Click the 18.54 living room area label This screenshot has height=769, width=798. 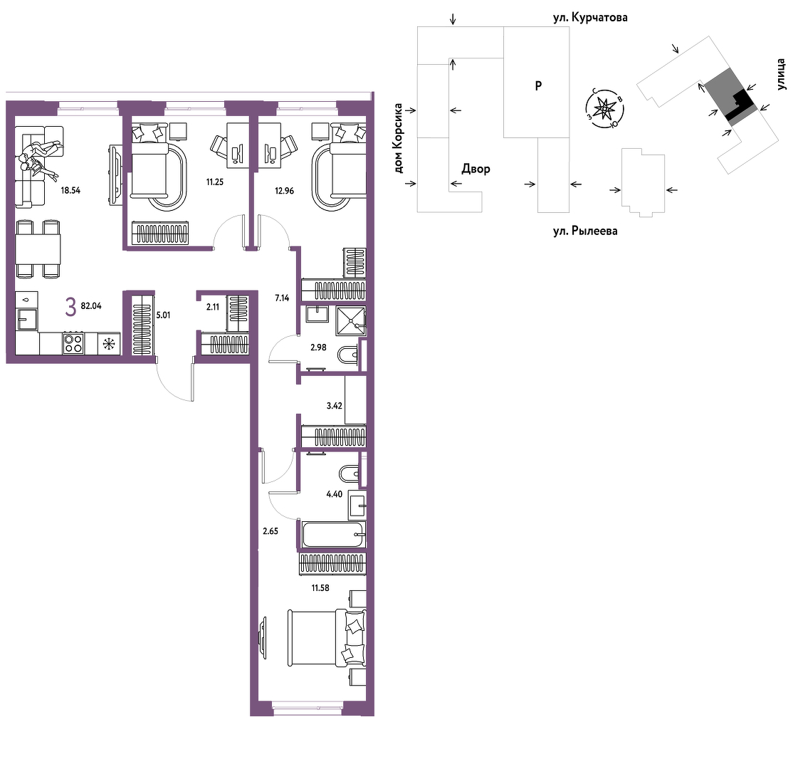point(70,191)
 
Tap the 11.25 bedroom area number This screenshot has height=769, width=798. point(215,182)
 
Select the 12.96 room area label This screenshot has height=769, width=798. point(284,191)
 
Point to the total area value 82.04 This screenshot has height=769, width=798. point(91,306)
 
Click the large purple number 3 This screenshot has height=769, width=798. point(70,308)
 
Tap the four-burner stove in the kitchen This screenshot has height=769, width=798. point(73,343)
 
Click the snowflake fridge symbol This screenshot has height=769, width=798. point(109,344)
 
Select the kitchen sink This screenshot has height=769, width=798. point(26,319)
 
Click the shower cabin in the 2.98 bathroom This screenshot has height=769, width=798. point(351,320)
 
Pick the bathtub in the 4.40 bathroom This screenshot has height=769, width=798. point(334,535)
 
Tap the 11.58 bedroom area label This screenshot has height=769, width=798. point(320,588)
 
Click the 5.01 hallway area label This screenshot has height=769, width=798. point(163,315)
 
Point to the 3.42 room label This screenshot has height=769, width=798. point(335,406)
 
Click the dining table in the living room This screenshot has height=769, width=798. point(38,249)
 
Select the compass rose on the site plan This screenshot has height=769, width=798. point(604,108)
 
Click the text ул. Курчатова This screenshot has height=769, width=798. point(590,18)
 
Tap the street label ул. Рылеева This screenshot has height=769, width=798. point(585,231)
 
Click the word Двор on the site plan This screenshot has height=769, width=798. point(476,169)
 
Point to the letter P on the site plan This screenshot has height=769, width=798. point(538,86)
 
